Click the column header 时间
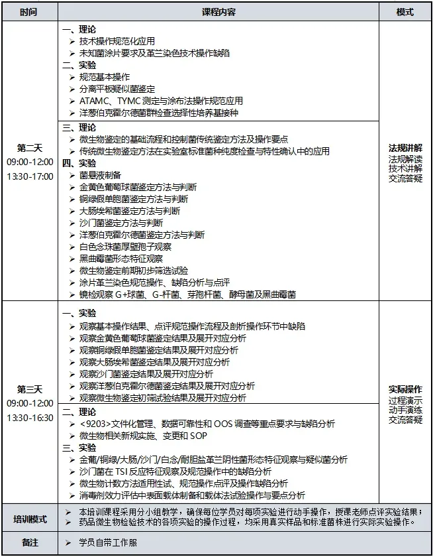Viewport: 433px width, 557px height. pyautogui.click(x=29, y=12)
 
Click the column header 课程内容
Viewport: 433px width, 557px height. pyautogui.click(x=218, y=12)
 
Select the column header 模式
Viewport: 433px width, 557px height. pyautogui.click(x=405, y=12)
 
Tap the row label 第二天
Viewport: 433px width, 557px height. pyautogui.click(x=30, y=147)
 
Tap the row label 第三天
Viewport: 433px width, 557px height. pyautogui.click(x=30, y=389)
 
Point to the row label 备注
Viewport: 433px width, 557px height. pyautogui.click(x=30, y=542)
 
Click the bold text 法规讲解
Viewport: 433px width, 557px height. pyautogui.click(x=405, y=148)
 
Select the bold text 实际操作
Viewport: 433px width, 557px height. pyautogui.click(x=405, y=389)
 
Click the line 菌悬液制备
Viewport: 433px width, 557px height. pyautogui.click(x=100, y=175)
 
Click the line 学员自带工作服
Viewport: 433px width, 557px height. pyautogui.click(x=108, y=542)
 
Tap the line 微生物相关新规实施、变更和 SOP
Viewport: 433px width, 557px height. pyautogui.click(x=143, y=436)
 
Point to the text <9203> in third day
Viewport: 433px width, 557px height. pyautogui.click(x=95, y=424)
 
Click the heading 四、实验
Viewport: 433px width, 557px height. pyautogui.click(x=79, y=163)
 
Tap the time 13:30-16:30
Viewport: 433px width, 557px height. pyautogui.click(x=30, y=418)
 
